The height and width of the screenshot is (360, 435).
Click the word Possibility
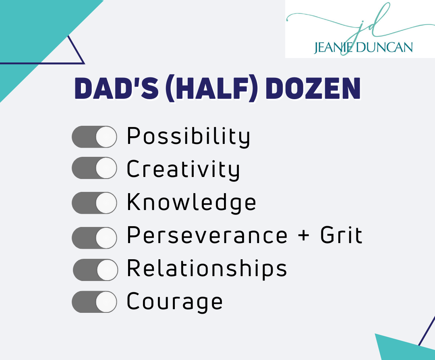(x=188, y=136)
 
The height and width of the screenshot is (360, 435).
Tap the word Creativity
(x=183, y=170)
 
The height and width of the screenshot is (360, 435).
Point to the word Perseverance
(x=207, y=235)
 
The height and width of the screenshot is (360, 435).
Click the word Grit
(x=341, y=235)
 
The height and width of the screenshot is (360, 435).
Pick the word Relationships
(x=207, y=268)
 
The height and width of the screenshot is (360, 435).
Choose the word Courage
(x=174, y=302)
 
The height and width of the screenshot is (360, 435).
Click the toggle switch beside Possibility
(x=94, y=137)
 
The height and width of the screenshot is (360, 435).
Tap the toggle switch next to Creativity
(x=94, y=168)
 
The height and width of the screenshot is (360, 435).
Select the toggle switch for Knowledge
(x=94, y=203)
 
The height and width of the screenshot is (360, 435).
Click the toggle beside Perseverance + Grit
(x=94, y=238)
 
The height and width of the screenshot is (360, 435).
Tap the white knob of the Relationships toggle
(x=108, y=270)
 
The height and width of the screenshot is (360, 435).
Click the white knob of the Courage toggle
(x=106, y=302)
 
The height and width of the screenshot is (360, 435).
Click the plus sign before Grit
(x=304, y=236)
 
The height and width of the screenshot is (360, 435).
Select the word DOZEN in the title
(x=313, y=89)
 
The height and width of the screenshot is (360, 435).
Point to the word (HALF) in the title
(x=211, y=89)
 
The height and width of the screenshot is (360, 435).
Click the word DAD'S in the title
(x=116, y=89)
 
